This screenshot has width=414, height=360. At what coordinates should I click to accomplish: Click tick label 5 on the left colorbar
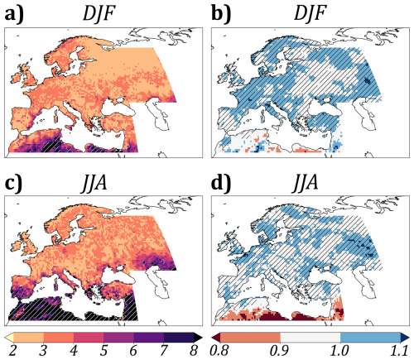coord(104,352)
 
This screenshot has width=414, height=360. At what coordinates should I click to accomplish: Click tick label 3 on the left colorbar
coord(41,352)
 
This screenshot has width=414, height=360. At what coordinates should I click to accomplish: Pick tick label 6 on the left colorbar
coord(136,352)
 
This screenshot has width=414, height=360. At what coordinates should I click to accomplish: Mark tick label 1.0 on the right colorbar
coord(344,352)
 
